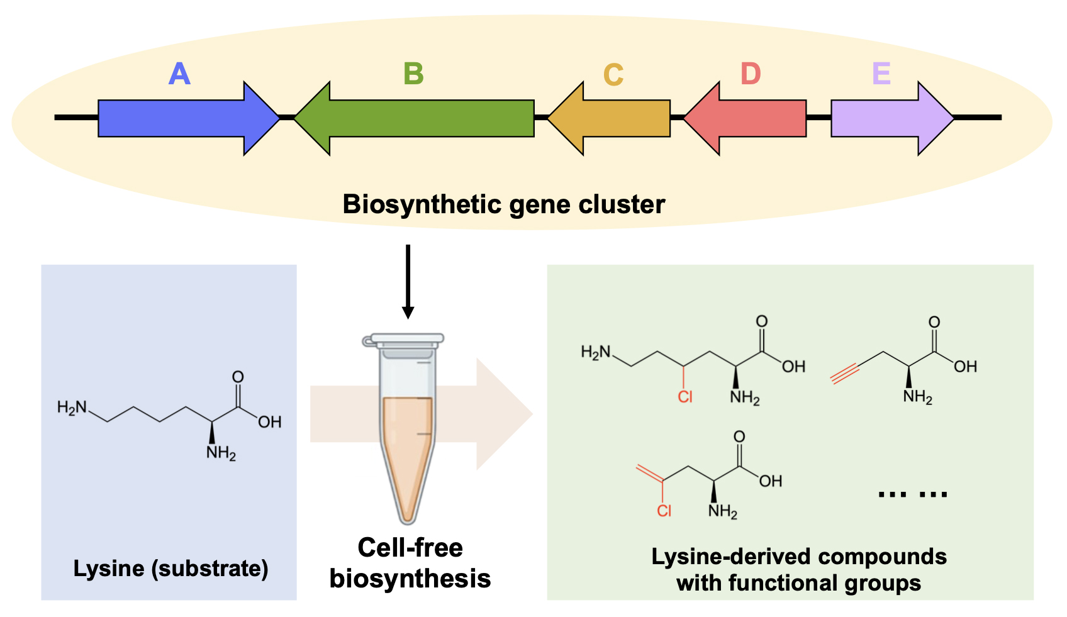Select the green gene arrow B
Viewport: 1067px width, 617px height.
click(414, 118)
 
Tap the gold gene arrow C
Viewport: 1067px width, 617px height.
click(609, 118)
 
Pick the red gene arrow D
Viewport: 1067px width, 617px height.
click(745, 118)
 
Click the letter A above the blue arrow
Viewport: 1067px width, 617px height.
click(179, 74)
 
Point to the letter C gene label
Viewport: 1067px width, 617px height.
click(613, 75)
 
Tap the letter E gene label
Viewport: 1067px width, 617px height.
click(881, 74)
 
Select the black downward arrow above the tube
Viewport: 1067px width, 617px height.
click(408, 282)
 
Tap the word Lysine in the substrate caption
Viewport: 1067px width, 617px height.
click(109, 569)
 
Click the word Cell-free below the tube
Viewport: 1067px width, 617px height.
click(410, 547)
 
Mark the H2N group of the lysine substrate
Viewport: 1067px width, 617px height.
click(72, 408)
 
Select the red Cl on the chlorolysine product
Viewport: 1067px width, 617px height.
click(685, 397)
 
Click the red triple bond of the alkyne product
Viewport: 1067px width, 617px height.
click(844, 373)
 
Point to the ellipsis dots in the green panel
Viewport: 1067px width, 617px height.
click(912, 494)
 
